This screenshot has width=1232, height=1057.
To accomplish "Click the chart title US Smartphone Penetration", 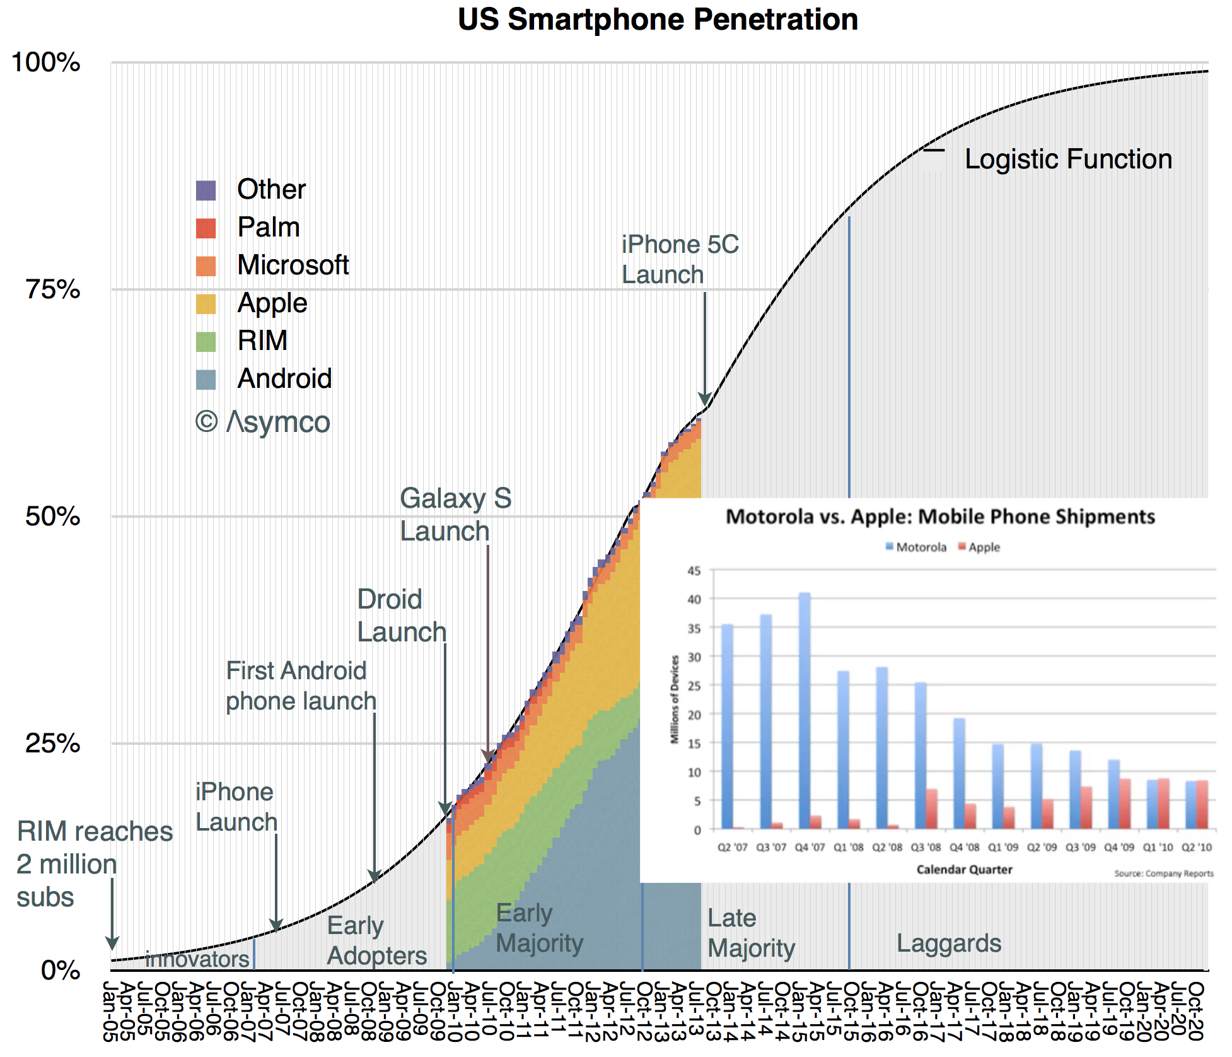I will coord(658,20).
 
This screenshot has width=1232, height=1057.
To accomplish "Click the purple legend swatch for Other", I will coord(206,190).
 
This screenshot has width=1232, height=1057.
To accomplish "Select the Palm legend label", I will coord(269,228).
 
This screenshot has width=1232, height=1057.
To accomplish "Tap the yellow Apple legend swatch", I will coord(206,304).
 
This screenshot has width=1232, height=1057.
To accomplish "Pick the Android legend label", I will coord(284,379).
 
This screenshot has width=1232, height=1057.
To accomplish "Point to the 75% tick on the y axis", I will coord(53,290).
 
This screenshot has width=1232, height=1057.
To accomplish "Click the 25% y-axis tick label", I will coord(53,744).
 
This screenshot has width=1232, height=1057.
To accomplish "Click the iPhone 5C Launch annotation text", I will coord(680,260).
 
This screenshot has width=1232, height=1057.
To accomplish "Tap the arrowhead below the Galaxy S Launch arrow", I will coord(487,756).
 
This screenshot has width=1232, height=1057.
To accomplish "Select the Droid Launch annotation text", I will coord(402,616).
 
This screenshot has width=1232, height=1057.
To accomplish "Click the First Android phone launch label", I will coord(301,686).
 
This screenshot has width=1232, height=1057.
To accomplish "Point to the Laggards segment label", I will coord(949,944).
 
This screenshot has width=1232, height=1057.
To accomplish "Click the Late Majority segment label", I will coord(751,933).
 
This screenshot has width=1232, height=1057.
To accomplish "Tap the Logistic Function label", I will coord(1068,160).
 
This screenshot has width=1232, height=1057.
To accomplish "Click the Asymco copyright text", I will coord(263,422).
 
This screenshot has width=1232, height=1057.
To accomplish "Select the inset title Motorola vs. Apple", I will coord(940,517).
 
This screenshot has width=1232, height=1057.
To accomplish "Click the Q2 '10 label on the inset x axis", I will coord(1196,848).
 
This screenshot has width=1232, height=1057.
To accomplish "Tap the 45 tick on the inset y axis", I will coord(694,571).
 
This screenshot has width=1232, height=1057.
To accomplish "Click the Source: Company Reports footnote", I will coord(1163,874).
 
